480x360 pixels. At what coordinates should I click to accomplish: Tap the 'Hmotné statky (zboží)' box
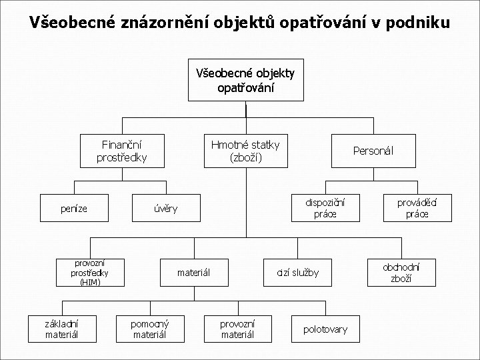[x=245, y=151]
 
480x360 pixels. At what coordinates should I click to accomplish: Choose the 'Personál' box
[x=373, y=151]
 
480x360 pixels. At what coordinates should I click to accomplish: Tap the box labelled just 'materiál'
[x=193, y=272]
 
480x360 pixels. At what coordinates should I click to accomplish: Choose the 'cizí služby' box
[x=298, y=272]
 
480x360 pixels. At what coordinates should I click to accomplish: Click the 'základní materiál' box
[x=62, y=329]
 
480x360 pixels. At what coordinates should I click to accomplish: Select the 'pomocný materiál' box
[x=150, y=329]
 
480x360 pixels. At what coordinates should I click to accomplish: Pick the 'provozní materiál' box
[x=237, y=329]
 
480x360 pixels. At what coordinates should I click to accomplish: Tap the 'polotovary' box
[x=325, y=329]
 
